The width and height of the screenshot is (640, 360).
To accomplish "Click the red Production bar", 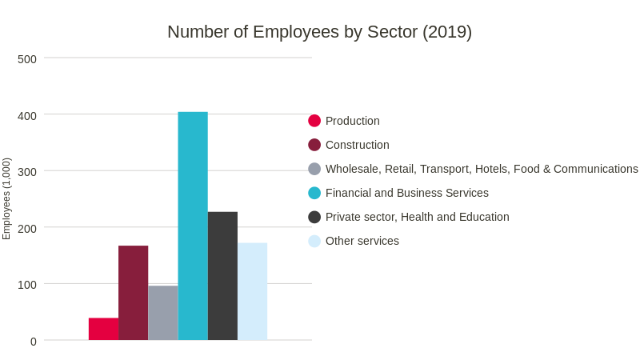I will tap(103, 329).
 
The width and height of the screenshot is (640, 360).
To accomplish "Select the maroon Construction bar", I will tap(133, 293).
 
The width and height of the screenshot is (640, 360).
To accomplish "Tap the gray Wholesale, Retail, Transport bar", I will tap(162, 313).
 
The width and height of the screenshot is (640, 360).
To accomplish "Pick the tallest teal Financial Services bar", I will tap(193, 226).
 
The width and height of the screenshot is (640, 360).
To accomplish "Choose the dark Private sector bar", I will tap(222, 276).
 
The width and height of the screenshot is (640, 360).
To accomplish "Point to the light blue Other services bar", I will tap(252, 291).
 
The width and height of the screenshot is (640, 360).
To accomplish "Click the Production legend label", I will tap(352, 121).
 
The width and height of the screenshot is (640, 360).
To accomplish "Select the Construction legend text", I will tap(357, 145).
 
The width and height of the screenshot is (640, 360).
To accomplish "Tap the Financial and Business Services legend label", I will tap(406, 193).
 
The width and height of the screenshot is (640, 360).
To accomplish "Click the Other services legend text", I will tap(362, 241).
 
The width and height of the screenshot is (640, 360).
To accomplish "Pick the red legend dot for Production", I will tap(314, 121).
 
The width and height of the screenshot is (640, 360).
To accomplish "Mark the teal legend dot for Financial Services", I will tap(314, 193).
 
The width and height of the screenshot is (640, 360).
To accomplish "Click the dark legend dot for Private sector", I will tap(314, 217).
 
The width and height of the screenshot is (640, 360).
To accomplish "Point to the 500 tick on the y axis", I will tap(27, 59).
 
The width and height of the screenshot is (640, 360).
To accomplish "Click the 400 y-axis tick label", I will tap(27, 115).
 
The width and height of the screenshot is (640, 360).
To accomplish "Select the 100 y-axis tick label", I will tap(27, 285).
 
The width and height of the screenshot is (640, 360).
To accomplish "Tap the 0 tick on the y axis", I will tap(33, 342).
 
